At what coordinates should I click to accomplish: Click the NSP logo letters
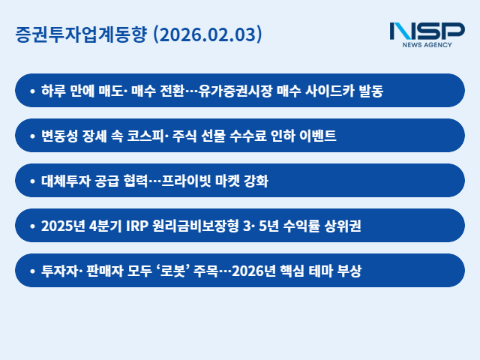[427, 31]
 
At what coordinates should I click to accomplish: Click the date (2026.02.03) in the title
[207, 34]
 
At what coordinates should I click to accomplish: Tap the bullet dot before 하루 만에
[31, 91]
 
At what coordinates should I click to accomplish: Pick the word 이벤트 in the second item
[317, 136]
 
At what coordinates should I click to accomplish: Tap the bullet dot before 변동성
[31, 136]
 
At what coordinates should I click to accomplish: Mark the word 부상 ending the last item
[349, 271]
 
